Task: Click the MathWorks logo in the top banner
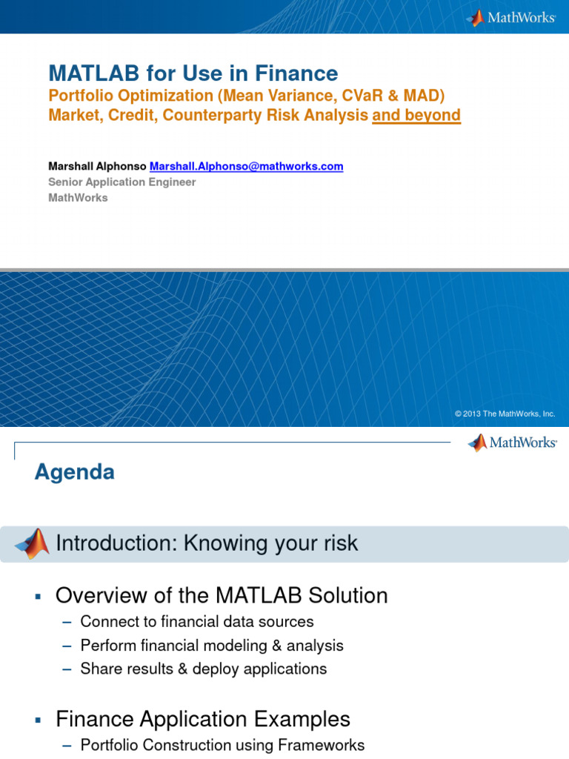(x=511, y=17)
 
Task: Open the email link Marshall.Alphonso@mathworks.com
(x=247, y=166)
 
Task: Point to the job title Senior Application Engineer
(x=122, y=182)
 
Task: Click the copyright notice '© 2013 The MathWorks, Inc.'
(x=505, y=414)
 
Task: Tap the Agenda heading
(x=74, y=472)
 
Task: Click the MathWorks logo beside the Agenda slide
(x=512, y=443)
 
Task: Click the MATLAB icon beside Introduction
(x=33, y=544)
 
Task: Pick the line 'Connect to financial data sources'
(x=197, y=622)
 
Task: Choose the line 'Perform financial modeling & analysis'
(x=212, y=646)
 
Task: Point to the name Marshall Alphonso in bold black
(x=97, y=166)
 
